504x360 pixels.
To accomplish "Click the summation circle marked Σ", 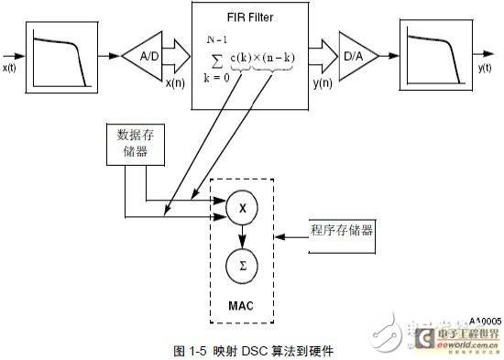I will [243, 266].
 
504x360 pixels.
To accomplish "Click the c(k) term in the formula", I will [238, 63].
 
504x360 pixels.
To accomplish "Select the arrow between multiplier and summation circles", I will [243, 236].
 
